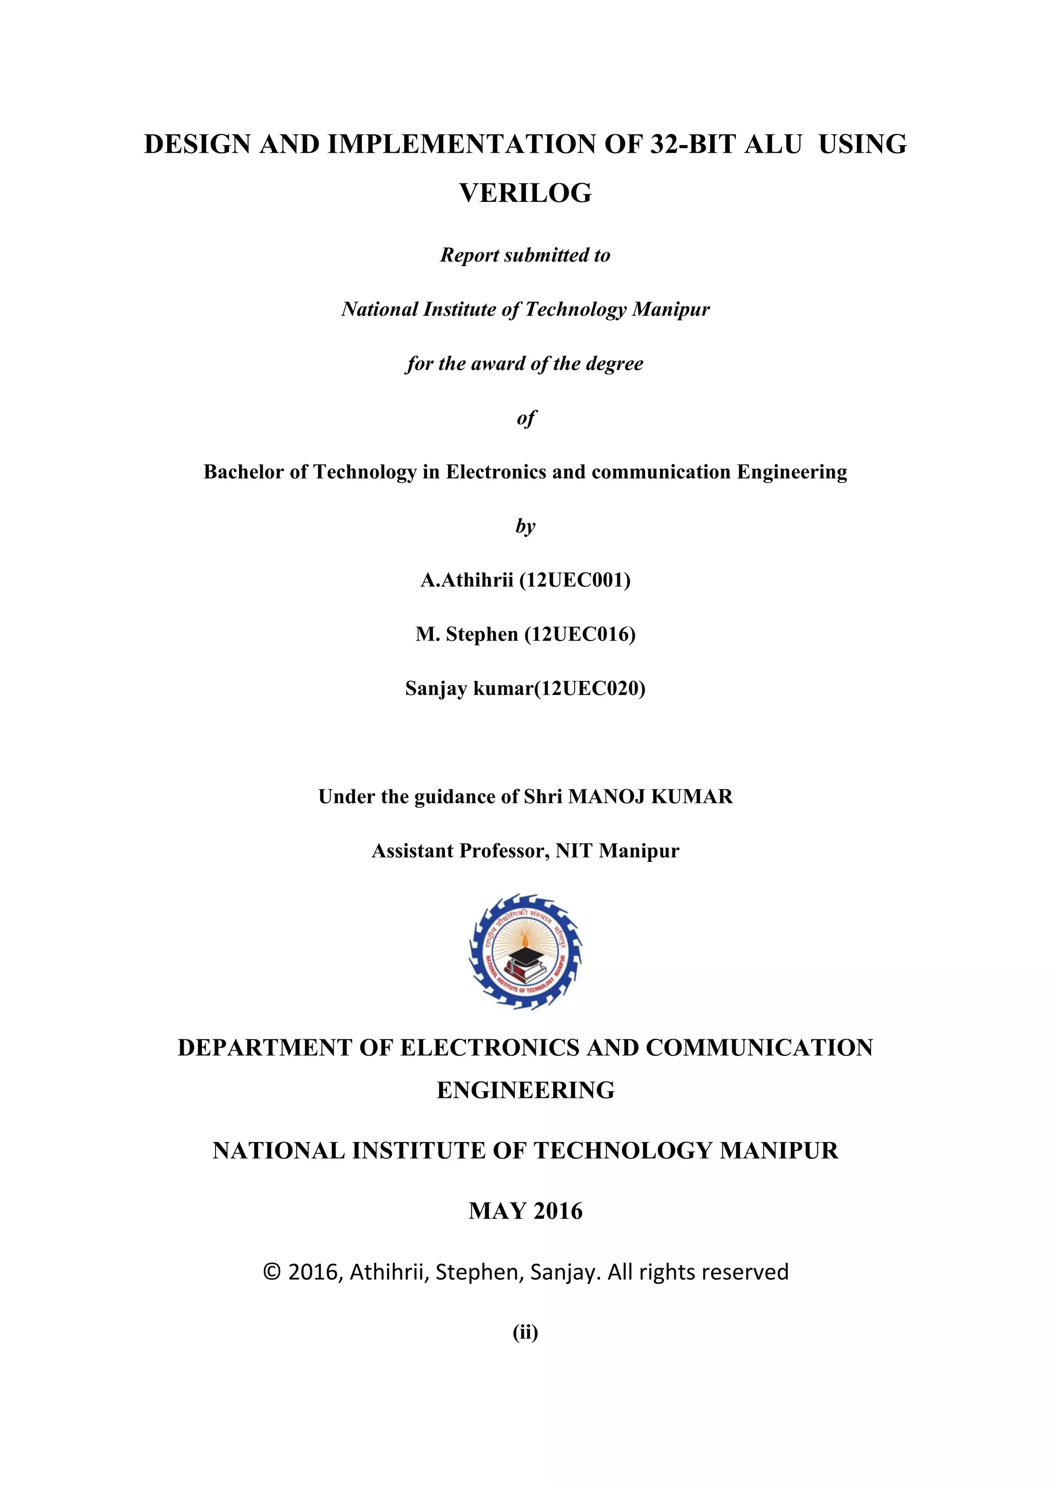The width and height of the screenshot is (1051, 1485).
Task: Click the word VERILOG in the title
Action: point(525,193)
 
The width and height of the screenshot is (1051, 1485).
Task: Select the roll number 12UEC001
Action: point(575,580)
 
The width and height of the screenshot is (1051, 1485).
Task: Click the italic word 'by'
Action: point(525,527)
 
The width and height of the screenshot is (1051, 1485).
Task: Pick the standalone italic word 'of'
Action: point(525,418)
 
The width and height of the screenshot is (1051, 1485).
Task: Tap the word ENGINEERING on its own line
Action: point(525,1091)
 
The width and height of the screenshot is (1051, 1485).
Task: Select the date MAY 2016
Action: point(525,1211)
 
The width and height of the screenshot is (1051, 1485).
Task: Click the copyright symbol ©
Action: point(272,1273)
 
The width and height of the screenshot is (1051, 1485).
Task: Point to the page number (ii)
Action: point(525,1332)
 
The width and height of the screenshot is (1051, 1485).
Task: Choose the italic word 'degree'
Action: point(614,364)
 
